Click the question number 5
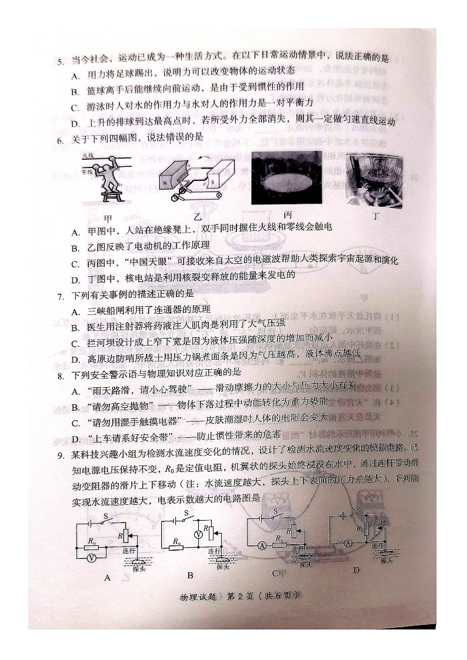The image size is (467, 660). point(59,61)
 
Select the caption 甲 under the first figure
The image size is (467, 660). point(107,218)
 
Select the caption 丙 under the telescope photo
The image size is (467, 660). point(288,215)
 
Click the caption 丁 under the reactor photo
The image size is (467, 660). point(376,216)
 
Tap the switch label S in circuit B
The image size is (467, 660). point(186,512)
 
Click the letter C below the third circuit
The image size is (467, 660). point(275,574)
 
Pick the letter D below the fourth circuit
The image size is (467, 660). point(355,570)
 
